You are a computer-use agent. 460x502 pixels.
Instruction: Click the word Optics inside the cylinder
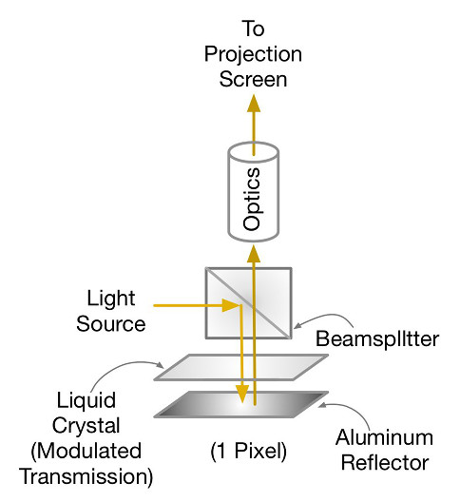coord(252,199)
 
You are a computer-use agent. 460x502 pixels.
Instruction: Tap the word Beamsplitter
coord(377,338)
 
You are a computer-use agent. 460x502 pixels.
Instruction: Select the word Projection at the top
coord(253,55)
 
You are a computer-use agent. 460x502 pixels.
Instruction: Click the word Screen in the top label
coord(253,79)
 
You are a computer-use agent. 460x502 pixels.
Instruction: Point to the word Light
coord(111,299)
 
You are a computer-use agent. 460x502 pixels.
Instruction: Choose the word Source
coord(111,323)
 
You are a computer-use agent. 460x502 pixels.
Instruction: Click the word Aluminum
coord(384,437)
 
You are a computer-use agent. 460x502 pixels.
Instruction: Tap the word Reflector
coord(385,462)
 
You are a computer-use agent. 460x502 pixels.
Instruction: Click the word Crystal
coord(86,427)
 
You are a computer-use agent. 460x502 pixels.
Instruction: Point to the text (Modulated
coord(86,451)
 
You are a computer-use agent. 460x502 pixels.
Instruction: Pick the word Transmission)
coord(86,476)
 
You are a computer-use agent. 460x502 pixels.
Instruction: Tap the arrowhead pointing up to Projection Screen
coord(254,103)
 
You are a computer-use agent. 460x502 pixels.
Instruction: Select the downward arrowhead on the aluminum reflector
coord(242,395)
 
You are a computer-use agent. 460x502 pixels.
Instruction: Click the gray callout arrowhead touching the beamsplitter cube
coord(297,325)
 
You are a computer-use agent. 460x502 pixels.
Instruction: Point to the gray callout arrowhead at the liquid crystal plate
coord(160,365)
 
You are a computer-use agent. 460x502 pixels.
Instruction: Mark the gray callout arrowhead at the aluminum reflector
coord(323,405)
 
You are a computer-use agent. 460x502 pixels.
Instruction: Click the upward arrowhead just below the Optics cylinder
coord(254,254)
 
